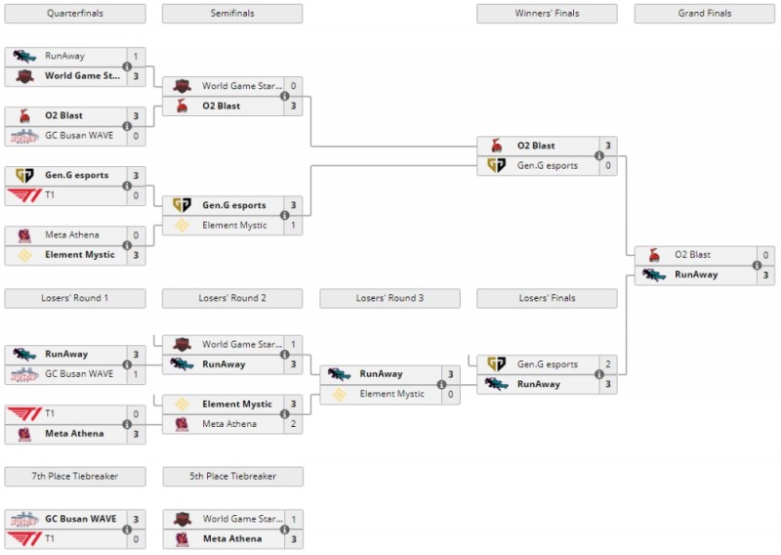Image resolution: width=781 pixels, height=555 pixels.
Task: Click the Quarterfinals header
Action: (x=75, y=14)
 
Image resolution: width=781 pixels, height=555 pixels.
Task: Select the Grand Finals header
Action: (x=704, y=14)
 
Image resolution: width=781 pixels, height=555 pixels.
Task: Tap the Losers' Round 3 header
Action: (x=390, y=298)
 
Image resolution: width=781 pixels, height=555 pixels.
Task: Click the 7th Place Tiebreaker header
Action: (x=75, y=477)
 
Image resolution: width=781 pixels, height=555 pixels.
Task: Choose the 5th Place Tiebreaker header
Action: (x=232, y=477)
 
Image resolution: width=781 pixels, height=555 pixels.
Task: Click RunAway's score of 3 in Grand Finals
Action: (x=766, y=275)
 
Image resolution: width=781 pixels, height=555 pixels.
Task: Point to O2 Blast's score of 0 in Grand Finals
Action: (x=766, y=255)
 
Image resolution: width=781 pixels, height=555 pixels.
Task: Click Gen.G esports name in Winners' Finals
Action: (x=548, y=166)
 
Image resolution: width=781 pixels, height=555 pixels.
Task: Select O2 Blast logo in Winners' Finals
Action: (x=496, y=146)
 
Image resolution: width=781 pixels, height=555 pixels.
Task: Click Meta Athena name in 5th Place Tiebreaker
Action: (x=232, y=538)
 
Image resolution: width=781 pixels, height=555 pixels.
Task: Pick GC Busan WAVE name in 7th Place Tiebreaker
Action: (x=80, y=519)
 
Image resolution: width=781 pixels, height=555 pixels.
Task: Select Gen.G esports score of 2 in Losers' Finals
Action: (x=608, y=364)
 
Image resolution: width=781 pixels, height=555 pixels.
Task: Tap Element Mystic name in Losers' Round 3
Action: (x=391, y=394)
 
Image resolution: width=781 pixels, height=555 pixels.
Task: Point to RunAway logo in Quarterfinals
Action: (x=24, y=56)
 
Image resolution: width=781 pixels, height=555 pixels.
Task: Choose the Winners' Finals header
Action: (x=547, y=14)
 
